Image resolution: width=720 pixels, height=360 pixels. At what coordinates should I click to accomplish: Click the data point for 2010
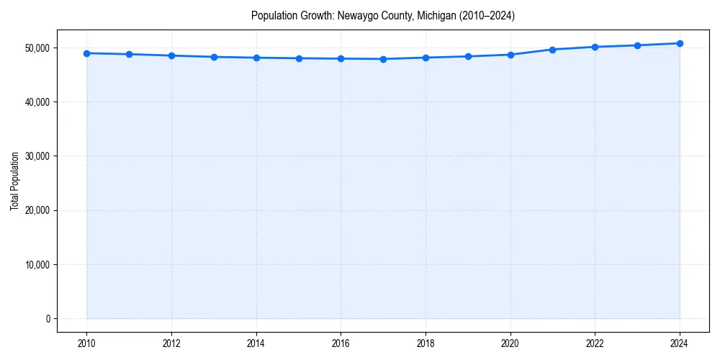(86, 53)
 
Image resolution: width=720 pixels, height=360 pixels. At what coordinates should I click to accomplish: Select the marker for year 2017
(383, 59)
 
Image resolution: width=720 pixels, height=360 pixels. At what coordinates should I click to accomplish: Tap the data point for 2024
(680, 43)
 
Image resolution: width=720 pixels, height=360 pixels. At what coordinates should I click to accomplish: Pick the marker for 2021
(552, 50)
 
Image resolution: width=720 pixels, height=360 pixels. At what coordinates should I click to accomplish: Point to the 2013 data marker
(214, 57)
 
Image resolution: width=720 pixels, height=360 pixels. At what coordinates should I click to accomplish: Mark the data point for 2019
(468, 56)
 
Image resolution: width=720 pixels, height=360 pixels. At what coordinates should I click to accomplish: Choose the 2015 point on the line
(298, 58)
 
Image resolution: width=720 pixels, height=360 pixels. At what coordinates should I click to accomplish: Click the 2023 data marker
(637, 45)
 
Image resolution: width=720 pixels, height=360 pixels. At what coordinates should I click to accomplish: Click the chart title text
(382, 15)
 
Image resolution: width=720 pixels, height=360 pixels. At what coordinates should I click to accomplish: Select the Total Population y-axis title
(14, 181)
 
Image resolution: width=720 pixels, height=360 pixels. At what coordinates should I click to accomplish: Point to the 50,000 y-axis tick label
(36, 48)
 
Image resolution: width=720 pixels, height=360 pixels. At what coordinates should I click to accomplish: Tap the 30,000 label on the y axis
(36, 156)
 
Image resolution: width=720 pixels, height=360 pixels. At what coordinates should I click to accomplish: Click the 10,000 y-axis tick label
(36, 265)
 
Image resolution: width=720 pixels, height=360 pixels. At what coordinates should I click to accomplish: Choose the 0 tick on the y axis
(48, 319)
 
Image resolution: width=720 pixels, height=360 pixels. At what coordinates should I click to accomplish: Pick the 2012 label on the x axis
(171, 343)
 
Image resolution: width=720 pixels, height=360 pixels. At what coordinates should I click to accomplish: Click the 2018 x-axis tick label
(426, 343)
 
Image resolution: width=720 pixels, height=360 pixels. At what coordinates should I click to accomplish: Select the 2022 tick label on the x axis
(595, 343)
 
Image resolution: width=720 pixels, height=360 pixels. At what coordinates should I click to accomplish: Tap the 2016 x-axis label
(341, 343)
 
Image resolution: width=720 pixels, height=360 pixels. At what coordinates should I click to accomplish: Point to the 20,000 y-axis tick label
(36, 211)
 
